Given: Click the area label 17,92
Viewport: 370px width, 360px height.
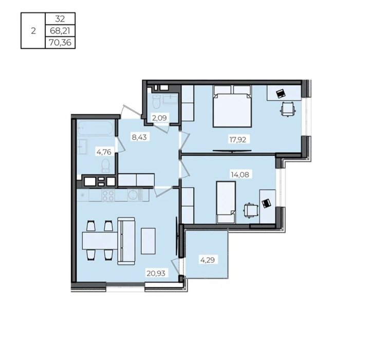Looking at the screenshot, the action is pyautogui.click(x=238, y=139).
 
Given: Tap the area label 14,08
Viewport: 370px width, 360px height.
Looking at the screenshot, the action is pyautogui.click(x=240, y=175).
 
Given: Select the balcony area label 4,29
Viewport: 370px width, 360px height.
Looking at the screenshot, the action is pyautogui.click(x=208, y=260).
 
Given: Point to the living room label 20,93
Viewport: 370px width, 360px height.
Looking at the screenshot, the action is pyautogui.click(x=156, y=273).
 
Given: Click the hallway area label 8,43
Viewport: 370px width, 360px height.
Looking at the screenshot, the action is pyautogui.click(x=139, y=137).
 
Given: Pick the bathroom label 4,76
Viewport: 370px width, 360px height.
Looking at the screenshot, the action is pyautogui.click(x=104, y=152).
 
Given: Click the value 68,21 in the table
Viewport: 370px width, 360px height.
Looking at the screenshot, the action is pyautogui.click(x=60, y=31).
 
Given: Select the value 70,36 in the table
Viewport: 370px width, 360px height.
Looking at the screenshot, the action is pyautogui.click(x=60, y=43).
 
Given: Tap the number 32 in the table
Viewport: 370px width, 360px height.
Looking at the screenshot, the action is pyautogui.click(x=60, y=19).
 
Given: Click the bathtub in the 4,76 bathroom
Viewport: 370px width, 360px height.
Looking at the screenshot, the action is pyautogui.click(x=96, y=128).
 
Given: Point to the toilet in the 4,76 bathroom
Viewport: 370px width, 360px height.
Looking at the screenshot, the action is pyautogui.click(x=105, y=165).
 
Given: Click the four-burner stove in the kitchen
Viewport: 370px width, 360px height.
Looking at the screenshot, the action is pyautogui.click(x=108, y=195).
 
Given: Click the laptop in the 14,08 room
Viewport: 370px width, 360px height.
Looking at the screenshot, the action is pyautogui.click(x=267, y=203).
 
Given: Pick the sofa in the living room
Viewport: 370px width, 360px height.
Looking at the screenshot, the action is pyautogui.click(x=126, y=241).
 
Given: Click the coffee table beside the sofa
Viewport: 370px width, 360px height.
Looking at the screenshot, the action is pyautogui.click(x=148, y=241).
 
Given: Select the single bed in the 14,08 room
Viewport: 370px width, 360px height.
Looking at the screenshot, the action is pyautogui.click(x=226, y=203).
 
